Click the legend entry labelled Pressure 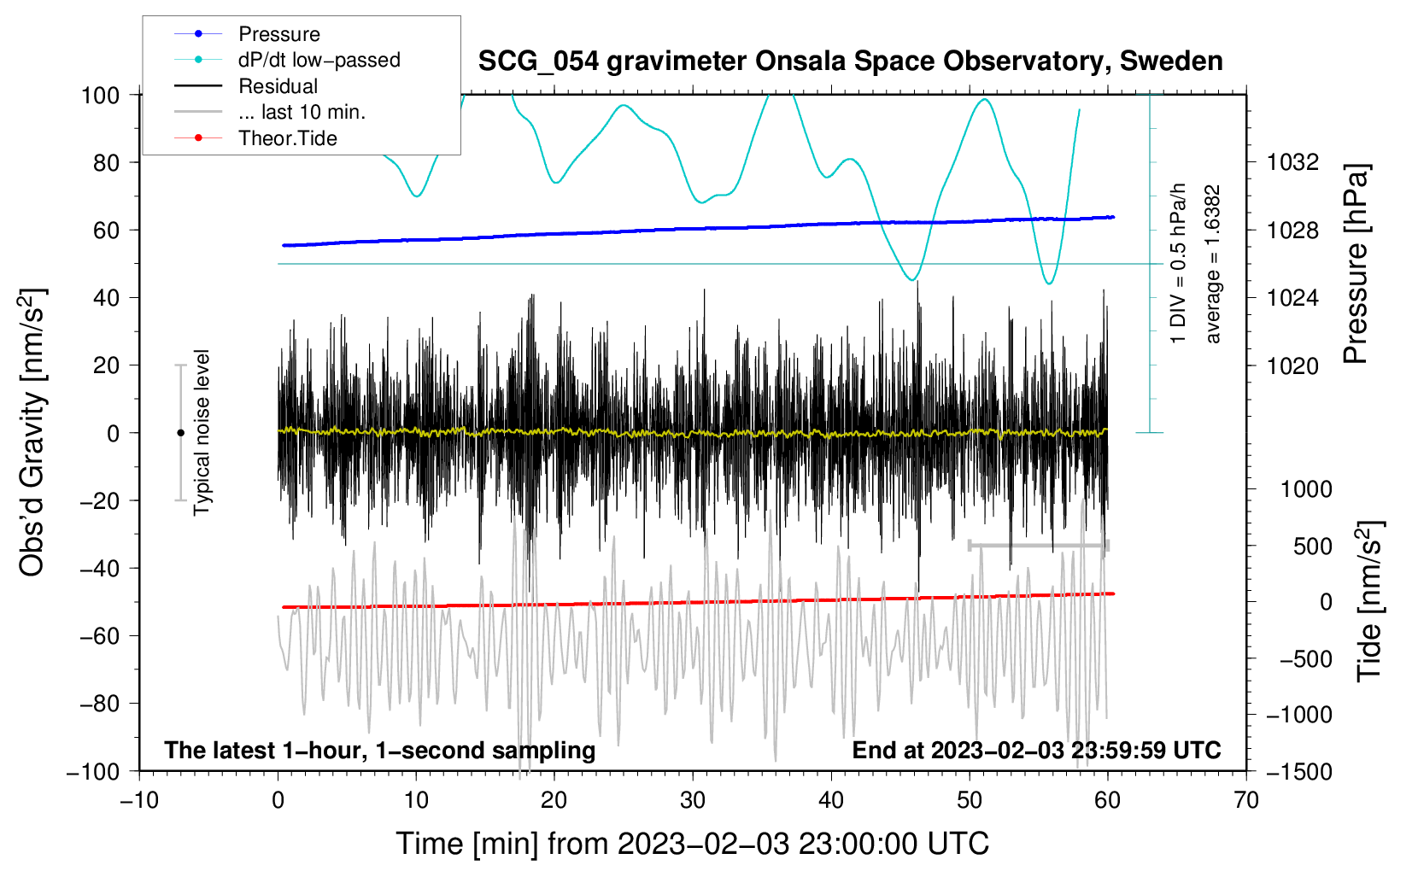(x=278, y=34)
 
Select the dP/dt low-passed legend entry (x=319, y=60)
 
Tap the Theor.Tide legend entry (x=287, y=138)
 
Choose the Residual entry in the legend (x=278, y=86)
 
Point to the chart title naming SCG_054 (x=850, y=61)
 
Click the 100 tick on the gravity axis (x=100, y=95)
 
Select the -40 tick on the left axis (x=100, y=568)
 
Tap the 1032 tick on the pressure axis (x=1293, y=162)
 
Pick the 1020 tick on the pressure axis (x=1293, y=365)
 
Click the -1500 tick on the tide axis (x=1299, y=771)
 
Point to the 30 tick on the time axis (x=693, y=800)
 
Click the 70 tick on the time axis (x=1246, y=800)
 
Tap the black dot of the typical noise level (x=180, y=433)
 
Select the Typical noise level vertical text (x=202, y=433)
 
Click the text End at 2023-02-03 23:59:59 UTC (x=1036, y=750)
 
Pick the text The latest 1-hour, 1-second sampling (x=380, y=750)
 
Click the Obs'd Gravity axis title (x=32, y=433)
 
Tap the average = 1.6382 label (x=1213, y=265)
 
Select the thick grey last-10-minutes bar (x=1039, y=545)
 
